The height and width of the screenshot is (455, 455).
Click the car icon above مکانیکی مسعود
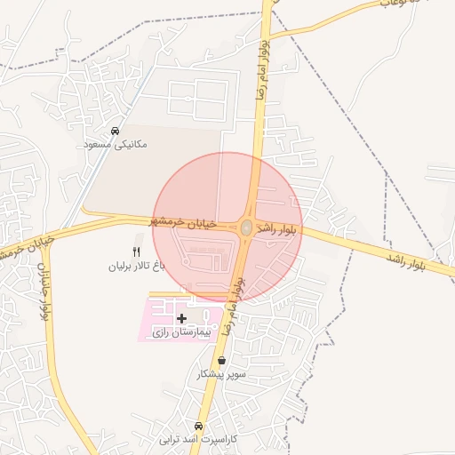115,131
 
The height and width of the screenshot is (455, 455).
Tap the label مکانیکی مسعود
115,144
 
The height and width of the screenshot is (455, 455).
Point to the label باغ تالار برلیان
137,266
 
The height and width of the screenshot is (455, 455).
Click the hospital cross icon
182,317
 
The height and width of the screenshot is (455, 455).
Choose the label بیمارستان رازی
183,331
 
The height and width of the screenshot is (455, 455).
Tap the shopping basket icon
221,361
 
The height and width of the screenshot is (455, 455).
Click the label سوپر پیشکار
221,374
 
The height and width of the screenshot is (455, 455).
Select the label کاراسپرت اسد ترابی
200,439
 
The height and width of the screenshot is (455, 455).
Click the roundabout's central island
245,228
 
